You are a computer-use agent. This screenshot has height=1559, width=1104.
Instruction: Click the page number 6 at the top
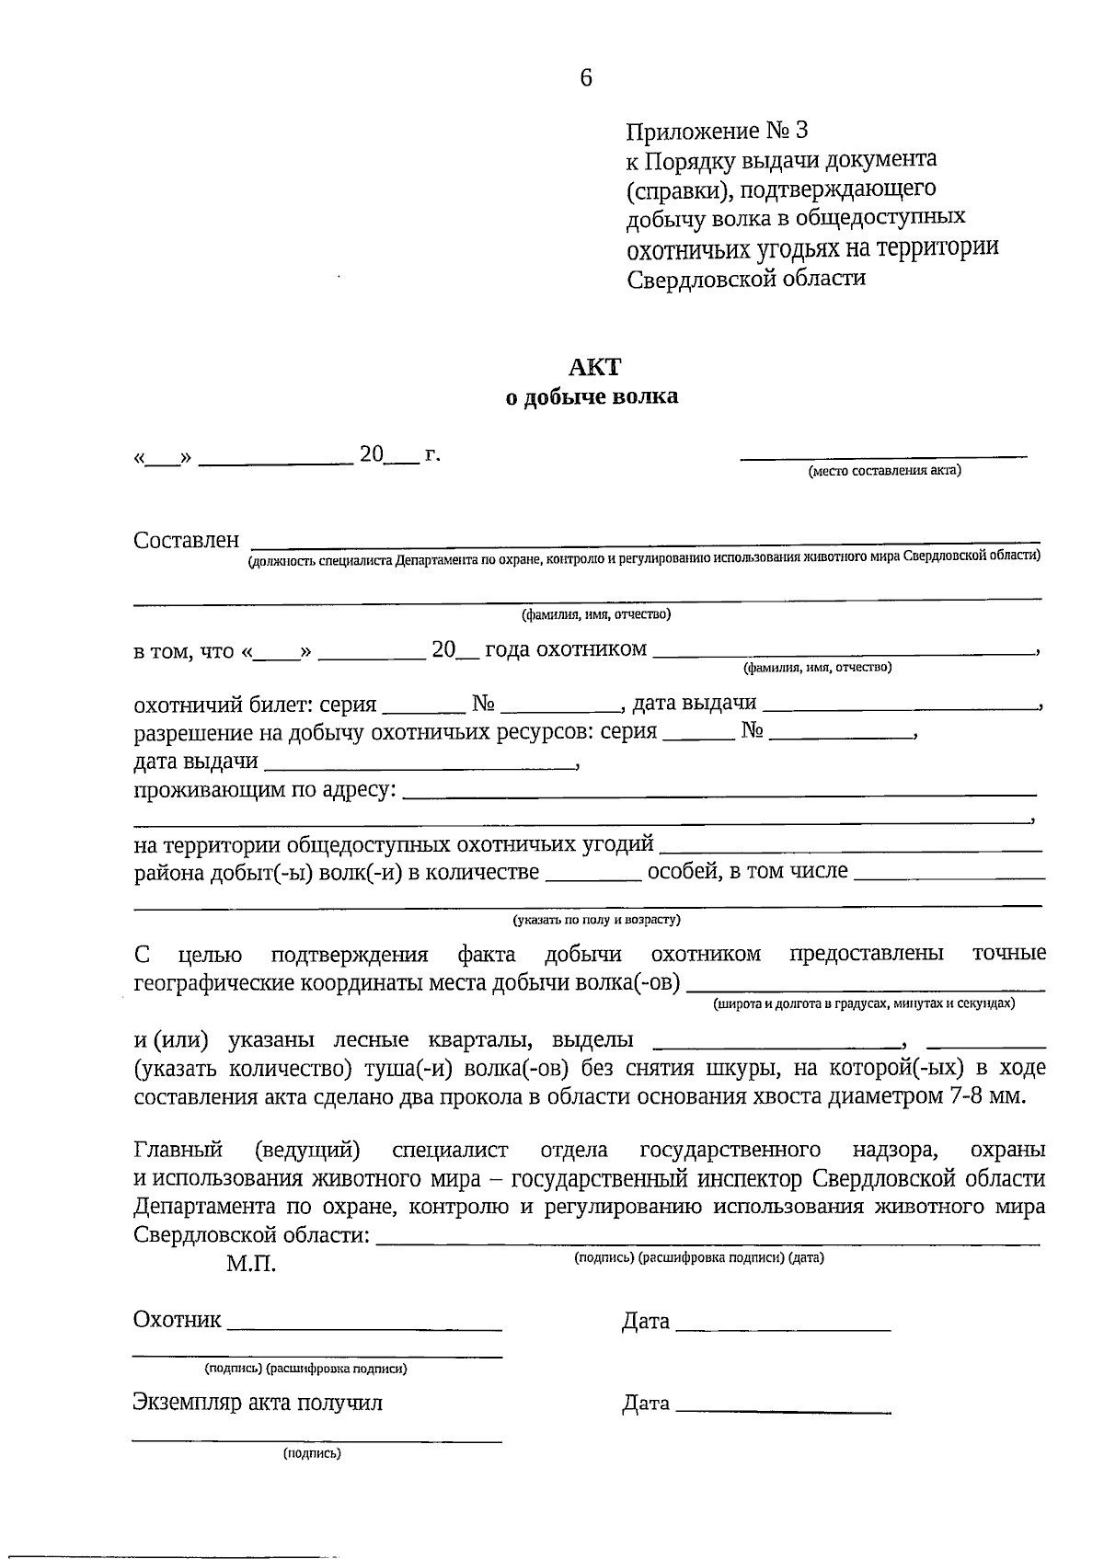pyautogui.click(x=586, y=78)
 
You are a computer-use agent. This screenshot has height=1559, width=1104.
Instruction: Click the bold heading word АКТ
pyautogui.click(x=594, y=367)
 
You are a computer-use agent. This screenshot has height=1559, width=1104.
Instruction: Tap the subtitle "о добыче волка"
pyautogui.click(x=592, y=397)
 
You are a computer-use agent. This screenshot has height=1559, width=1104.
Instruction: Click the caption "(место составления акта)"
pyautogui.click(x=884, y=471)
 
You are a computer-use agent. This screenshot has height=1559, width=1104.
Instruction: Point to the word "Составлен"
pyautogui.click(x=186, y=540)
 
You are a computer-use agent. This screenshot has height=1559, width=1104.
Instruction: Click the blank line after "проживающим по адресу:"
pyautogui.click(x=719, y=792)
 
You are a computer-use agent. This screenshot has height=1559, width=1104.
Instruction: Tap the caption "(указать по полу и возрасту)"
pyautogui.click(x=596, y=919)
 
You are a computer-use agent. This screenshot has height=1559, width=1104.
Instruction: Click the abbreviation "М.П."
pyautogui.click(x=251, y=1264)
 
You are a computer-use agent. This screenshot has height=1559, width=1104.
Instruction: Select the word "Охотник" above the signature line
pyautogui.click(x=177, y=1321)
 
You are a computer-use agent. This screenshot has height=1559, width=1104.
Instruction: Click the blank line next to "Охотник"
pyautogui.click(x=364, y=1328)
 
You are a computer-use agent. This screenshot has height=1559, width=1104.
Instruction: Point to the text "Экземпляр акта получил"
pyautogui.click(x=258, y=1403)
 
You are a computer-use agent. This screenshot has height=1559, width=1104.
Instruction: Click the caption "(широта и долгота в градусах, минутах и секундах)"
pyautogui.click(x=864, y=1003)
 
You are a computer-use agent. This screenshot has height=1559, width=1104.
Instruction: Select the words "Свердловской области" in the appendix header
pyautogui.click(x=746, y=278)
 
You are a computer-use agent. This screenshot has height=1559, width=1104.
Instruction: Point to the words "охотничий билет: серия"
pyautogui.click(x=255, y=705)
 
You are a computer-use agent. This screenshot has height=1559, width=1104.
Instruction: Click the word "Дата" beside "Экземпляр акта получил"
pyautogui.click(x=646, y=1404)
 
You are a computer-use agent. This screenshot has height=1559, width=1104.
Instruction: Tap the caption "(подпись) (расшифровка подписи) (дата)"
pyautogui.click(x=698, y=1257)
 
